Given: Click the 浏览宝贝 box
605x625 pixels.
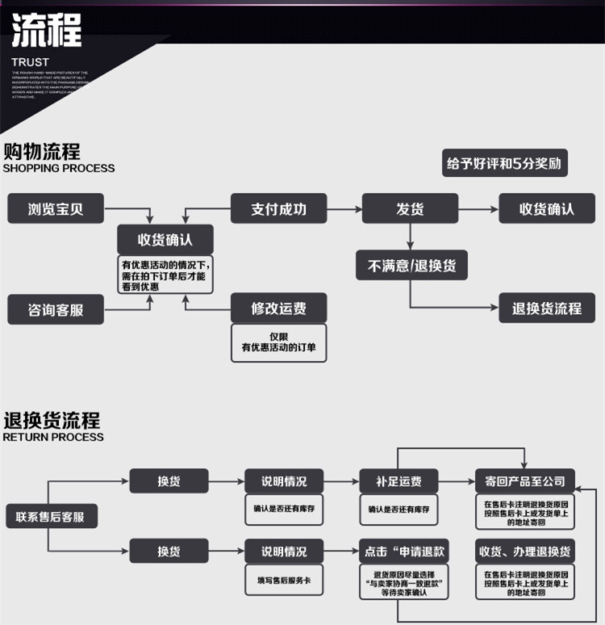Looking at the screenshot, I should (x=56, y=208).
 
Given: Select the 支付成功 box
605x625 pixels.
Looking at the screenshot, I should (x=278, y=208).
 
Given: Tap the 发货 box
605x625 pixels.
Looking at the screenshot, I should (x=410, y=208).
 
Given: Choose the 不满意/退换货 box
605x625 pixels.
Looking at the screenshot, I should (x=411, y=265).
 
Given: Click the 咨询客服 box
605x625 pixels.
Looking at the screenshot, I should (x=56, y=309).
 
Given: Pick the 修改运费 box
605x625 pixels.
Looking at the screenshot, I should (x=278, y=308).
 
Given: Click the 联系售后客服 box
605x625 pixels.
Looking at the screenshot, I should (x=51, y=516).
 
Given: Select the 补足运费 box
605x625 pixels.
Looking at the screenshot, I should (x=398, y=481).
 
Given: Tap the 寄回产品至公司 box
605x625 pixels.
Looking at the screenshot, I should (x=524, y=481).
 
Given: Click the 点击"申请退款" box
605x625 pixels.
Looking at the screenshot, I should (x=405, y=552).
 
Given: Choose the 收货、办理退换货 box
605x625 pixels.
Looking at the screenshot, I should (x=524, y=552).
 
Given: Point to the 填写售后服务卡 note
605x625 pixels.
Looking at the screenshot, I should (x=283, y=580).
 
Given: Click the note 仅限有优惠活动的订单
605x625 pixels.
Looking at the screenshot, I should (x=278, y=342).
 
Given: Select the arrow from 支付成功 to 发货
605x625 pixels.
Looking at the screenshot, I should (x=344, y=209).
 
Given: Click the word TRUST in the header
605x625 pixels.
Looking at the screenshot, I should (x=30, y=62).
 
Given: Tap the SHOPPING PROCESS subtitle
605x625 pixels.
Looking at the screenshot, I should (x=59, y=169).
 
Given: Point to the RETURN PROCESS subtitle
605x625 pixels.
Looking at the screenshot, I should (x=53, y=437).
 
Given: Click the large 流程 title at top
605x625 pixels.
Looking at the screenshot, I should (x=47, y=30).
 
